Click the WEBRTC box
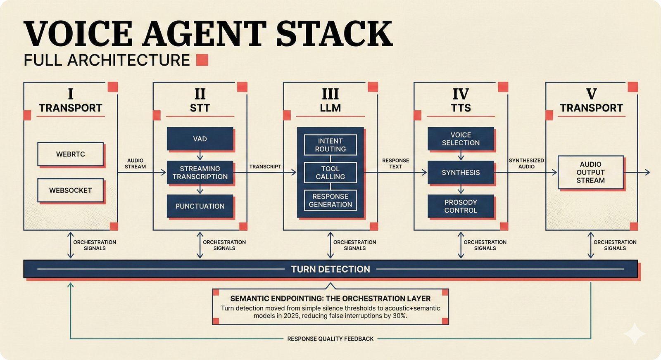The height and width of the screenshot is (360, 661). point(70,154)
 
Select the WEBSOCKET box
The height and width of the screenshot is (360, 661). point(70,190)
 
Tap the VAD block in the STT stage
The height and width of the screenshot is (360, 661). point(200,139)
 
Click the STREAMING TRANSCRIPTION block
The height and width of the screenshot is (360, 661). point(200,173)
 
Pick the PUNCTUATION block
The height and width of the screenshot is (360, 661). point(200,206)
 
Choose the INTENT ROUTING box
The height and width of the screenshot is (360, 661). point(330,145)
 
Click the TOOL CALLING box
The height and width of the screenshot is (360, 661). point(330,173)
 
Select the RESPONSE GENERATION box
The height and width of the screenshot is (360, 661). point(330,200)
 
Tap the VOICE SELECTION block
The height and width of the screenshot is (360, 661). point(461,139)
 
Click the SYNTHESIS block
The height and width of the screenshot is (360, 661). point(461,173)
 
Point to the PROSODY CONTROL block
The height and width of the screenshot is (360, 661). point(461,206)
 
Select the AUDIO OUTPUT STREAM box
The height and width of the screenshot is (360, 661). point(590,172)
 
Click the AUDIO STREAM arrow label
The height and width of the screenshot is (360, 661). point(135,163)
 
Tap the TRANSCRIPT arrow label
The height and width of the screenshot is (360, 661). point(265,166)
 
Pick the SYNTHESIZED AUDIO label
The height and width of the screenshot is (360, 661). point(526,163)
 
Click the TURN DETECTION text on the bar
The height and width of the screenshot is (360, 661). point(330,269)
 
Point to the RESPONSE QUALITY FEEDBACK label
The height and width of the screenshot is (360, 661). point(330,339)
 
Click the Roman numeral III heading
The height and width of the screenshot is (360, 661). point(330,94)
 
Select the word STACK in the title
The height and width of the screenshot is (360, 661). point(334,34)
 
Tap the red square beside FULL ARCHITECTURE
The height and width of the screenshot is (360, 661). point(202,60)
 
